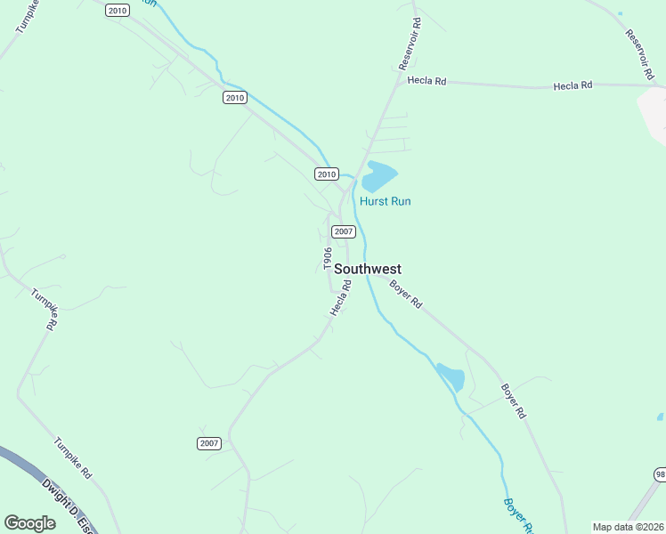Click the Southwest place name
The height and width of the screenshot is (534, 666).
click(368, 269)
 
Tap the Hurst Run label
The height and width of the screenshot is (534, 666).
click(385, 201)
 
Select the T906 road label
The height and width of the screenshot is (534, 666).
click(328, 259)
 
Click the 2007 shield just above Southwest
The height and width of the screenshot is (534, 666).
click(344, 231)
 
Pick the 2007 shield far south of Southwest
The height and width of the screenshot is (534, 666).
click(208, 443)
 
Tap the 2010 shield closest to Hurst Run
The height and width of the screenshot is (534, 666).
click(327, 174)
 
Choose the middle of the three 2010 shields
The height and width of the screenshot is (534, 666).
click(234, 98)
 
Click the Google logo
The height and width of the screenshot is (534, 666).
click(29, 523)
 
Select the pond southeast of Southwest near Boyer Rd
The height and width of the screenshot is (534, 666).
click(451, 377)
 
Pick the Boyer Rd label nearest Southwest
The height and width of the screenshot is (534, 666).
click(404, 291)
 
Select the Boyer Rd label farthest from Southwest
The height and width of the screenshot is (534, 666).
click(514, 401)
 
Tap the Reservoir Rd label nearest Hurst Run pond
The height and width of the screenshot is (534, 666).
click(410, 42)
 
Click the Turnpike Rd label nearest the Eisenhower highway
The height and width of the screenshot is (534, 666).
click(73, 458)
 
